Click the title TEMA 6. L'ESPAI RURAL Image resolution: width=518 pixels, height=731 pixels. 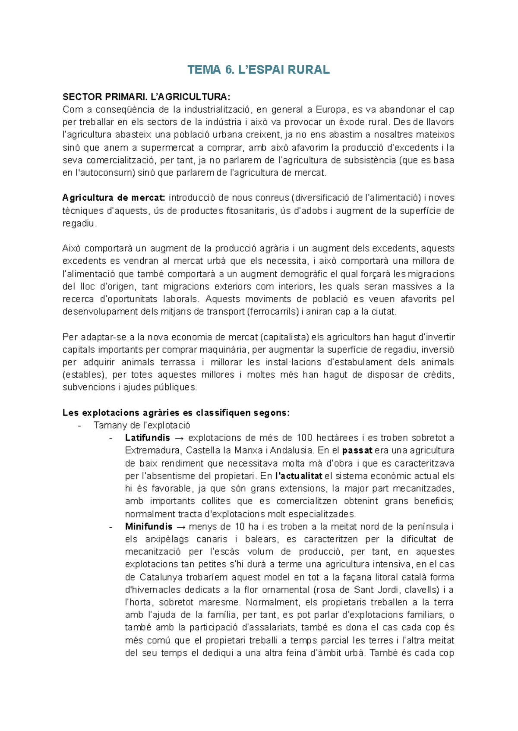click(x=259, y=70)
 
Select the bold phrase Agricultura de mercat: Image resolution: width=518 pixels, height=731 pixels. click(x=114, y=198)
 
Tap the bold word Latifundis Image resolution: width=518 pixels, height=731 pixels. click(x=148, y=438)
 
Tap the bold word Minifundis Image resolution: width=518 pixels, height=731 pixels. click(x=148, y=527)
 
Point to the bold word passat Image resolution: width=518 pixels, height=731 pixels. click(x=357, y=451)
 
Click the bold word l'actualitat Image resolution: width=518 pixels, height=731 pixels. click(x=298, y=476)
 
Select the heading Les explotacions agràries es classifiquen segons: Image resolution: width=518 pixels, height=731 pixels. click(x=176, y=413)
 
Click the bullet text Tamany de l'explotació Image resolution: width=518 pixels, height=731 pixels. click(x=142, y=425)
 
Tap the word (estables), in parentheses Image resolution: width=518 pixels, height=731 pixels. click(x=85, y=375)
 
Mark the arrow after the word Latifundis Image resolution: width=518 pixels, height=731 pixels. click(x=179, y=438)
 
